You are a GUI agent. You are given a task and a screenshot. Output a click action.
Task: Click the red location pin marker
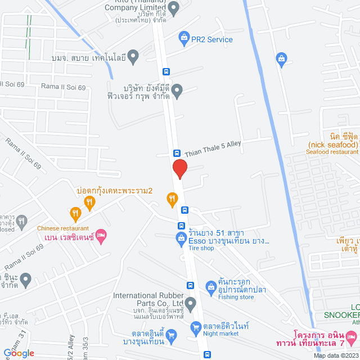coord(179,168)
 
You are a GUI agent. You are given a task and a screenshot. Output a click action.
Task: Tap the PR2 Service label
coord(212,39)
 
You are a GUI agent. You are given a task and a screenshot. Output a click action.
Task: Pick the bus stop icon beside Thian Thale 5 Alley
coord(177,153)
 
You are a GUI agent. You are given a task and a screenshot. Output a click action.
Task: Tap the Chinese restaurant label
coord(63,228)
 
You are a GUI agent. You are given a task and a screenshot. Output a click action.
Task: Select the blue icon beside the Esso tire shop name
coord(181,239)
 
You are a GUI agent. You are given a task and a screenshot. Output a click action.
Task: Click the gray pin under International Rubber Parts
coord(191,303)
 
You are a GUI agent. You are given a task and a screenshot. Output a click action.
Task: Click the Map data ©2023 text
coord(335,355)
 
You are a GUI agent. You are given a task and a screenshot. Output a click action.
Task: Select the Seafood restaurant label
coord(332,152)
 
